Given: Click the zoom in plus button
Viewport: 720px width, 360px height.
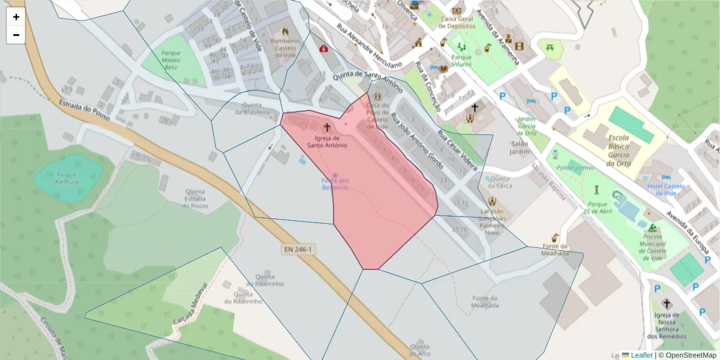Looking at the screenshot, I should click(x=16, y=17).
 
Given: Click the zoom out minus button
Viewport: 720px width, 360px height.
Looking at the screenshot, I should click(x=16, y=35).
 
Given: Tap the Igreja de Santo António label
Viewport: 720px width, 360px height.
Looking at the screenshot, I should click(x=327, y=141).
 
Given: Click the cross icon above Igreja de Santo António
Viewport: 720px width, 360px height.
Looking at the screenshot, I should click(x=327, y=127).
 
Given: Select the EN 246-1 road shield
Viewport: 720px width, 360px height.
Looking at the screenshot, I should click(x=299, y=248).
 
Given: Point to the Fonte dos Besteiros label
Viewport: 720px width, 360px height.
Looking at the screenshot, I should click(x=335, y=184).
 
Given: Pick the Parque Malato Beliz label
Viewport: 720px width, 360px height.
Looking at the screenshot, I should click(x=170, y=61).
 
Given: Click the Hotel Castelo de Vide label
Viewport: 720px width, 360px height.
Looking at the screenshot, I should click(x=665, y=190).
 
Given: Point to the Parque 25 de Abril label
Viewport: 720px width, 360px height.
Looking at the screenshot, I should click(x=596, y=208).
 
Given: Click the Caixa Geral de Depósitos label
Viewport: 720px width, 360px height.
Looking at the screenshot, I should click(x=457, y=22).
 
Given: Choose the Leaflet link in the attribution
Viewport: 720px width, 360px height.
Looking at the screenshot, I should click(x=641, y=355).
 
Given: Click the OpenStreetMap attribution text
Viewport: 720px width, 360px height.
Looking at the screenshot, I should click(x=687, y=355).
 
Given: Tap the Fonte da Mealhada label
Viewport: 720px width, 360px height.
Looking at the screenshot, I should click(x=555, y=250).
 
